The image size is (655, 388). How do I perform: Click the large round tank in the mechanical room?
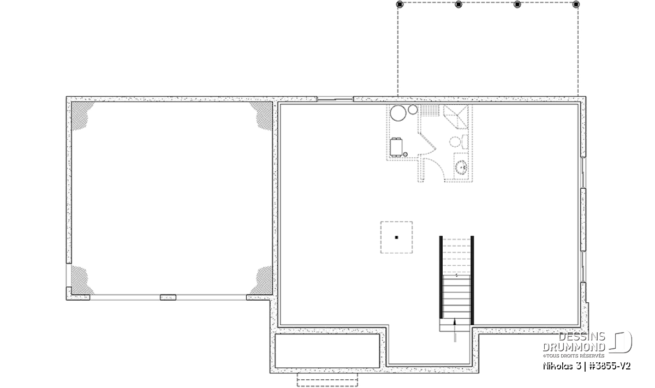[398, 113]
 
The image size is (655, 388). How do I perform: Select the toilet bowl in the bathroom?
[455, 142]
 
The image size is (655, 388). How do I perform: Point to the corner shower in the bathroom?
[456, 117]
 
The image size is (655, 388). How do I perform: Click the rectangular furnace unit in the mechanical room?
[396, 147]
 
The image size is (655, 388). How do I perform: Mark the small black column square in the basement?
[396, 237]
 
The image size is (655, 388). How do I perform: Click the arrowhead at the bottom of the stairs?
[454, 322]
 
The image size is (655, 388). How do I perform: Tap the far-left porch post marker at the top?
[400, 4]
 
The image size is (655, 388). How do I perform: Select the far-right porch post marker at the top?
[576, 4]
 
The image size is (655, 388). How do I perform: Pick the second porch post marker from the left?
[458, 4]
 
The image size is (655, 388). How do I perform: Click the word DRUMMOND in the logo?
[574, 347]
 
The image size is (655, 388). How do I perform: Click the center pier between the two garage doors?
[168, 297]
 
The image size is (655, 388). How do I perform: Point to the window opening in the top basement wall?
[335, 99]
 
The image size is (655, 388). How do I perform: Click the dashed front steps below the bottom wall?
[327, 380]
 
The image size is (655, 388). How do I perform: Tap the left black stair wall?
[441, 277]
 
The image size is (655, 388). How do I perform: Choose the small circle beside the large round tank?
[413, 110]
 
